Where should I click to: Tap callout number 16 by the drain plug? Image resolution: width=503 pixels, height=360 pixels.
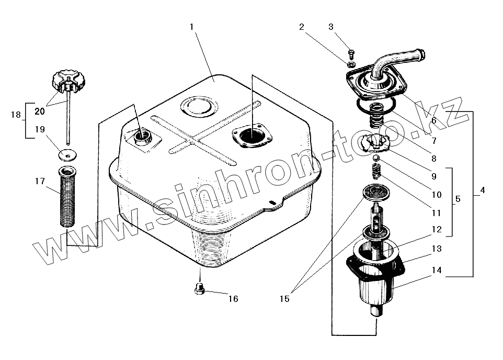[233, 299]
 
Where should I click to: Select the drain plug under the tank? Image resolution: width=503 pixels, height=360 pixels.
[199, 288]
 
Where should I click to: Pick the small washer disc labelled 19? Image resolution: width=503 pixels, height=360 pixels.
[67, 155]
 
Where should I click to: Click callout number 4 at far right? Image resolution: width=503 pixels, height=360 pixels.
[482, 190]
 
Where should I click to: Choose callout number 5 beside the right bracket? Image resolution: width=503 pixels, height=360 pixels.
[458, 199]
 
